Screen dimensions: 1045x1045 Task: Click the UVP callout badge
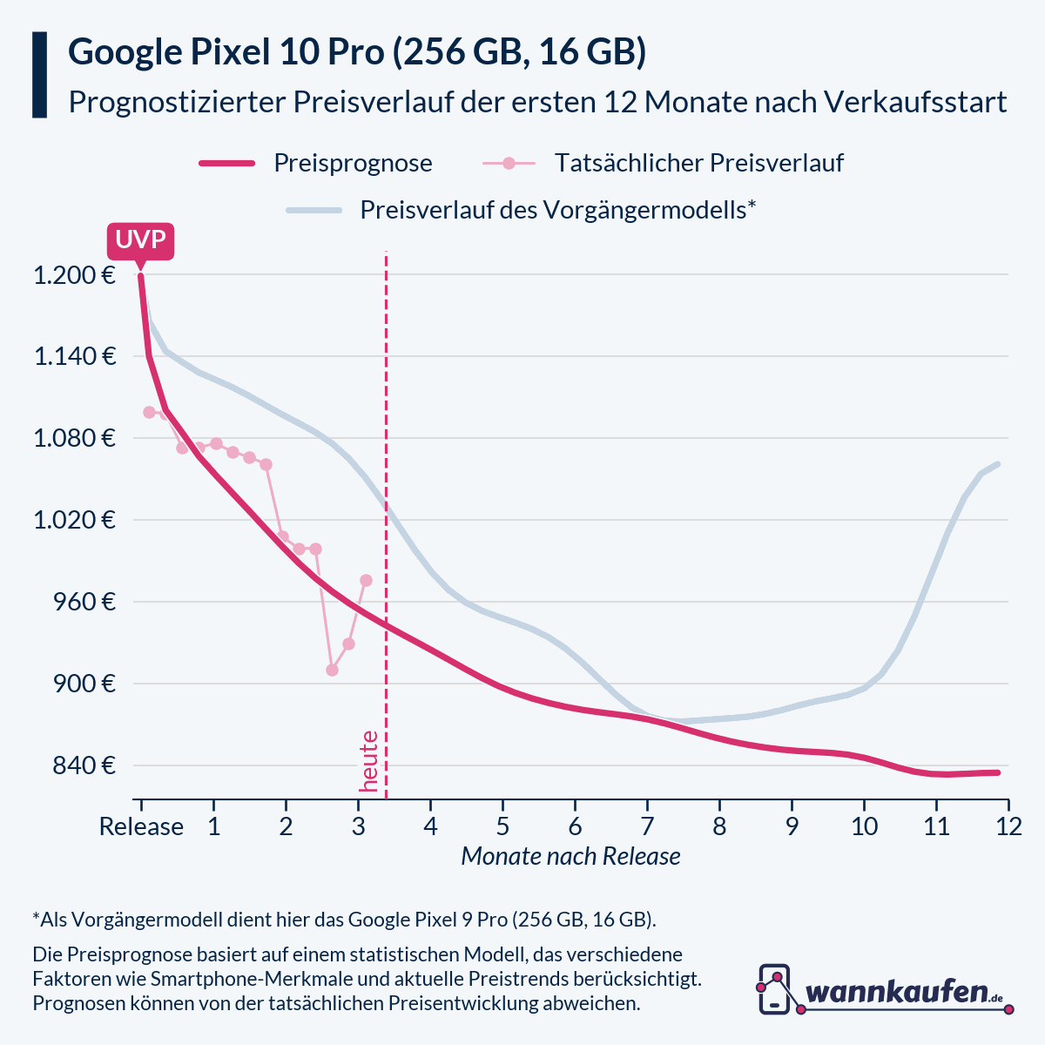pyautogui.click(x=140, y=239)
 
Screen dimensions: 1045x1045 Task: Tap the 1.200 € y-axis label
pyautogui.click(x=74, y=276)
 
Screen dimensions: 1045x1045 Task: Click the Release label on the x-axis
pyautogui.click(x=141, y=826)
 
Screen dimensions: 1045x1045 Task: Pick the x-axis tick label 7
pyautogui.click(x=647, y=826)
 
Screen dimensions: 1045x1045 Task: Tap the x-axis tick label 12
pyautogui.click(x=1008, y=826)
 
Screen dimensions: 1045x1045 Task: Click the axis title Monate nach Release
pyautogui.click(x=570, y=857)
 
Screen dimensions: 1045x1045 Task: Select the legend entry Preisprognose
pyautogui.click(x=353, y=164)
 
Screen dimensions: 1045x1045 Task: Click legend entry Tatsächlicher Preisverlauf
pyautogui.click(x=698, y=164)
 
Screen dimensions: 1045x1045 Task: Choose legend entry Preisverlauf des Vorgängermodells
pyautogui.click(x=557, y=211)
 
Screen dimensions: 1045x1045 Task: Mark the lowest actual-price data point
pyautogui.click(x=332, y=670)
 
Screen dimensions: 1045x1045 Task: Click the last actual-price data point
pyautogui.click(x=366, y=580)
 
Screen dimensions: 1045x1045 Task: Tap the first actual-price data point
pyautogui.click(x=149, y=412)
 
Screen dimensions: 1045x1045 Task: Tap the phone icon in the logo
pyautogui.click(x=774, y=989)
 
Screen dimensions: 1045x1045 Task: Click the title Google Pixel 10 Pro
pyautogui.click(x=357, y=52)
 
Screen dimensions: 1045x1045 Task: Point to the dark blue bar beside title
pyautogui.click(x=39, y=75)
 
